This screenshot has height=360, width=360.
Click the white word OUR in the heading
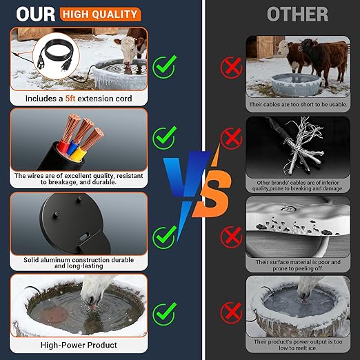(36, 14)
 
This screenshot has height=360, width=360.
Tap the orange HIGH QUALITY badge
(100, 14)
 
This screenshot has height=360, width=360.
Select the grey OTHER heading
(298, 14)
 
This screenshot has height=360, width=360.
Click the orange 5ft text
(70, 99)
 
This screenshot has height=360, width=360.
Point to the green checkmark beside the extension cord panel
(164, 67)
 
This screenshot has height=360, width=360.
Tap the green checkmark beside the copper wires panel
(164, 137)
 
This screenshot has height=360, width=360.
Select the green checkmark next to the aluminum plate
(164, 237)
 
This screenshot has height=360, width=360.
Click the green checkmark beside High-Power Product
(164, 314)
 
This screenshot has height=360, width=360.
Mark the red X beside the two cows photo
(231, 68)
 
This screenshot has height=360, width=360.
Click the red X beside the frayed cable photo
(231, 139)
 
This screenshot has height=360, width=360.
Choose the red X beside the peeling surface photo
(231, 237)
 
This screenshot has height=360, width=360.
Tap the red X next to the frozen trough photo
(231, 313)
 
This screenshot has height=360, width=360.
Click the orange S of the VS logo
(212, 193)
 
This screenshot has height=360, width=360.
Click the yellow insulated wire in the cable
(79, 154)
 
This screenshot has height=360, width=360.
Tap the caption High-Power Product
(79, 345)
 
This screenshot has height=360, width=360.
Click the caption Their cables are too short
(298, 104)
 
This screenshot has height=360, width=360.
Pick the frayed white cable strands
(301, 147)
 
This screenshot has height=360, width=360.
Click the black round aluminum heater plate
(74, 223)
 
